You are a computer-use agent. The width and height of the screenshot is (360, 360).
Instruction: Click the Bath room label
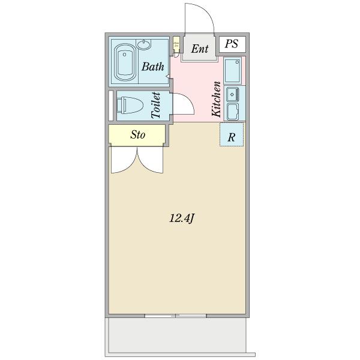point(152,67)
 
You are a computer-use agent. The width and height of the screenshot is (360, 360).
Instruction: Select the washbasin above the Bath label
point(145,44)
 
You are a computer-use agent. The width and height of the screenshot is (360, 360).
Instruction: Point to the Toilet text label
point(156,106)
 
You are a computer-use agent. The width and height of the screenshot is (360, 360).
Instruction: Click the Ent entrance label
point(200,48)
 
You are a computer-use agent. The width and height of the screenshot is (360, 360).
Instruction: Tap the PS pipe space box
point(232,43)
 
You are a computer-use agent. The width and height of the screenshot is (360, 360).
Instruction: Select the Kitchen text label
point(216,99)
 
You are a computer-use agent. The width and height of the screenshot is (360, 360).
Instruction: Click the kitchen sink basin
point(232,94)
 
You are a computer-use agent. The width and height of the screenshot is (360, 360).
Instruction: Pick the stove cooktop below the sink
point(232,112)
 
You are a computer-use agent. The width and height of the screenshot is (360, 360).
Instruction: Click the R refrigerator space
point(232,137)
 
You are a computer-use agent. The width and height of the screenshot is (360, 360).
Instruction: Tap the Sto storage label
point(137,135)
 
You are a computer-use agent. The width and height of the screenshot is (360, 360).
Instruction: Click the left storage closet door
point(123,160)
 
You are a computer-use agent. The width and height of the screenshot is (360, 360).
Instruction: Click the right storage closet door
point(151,160)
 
